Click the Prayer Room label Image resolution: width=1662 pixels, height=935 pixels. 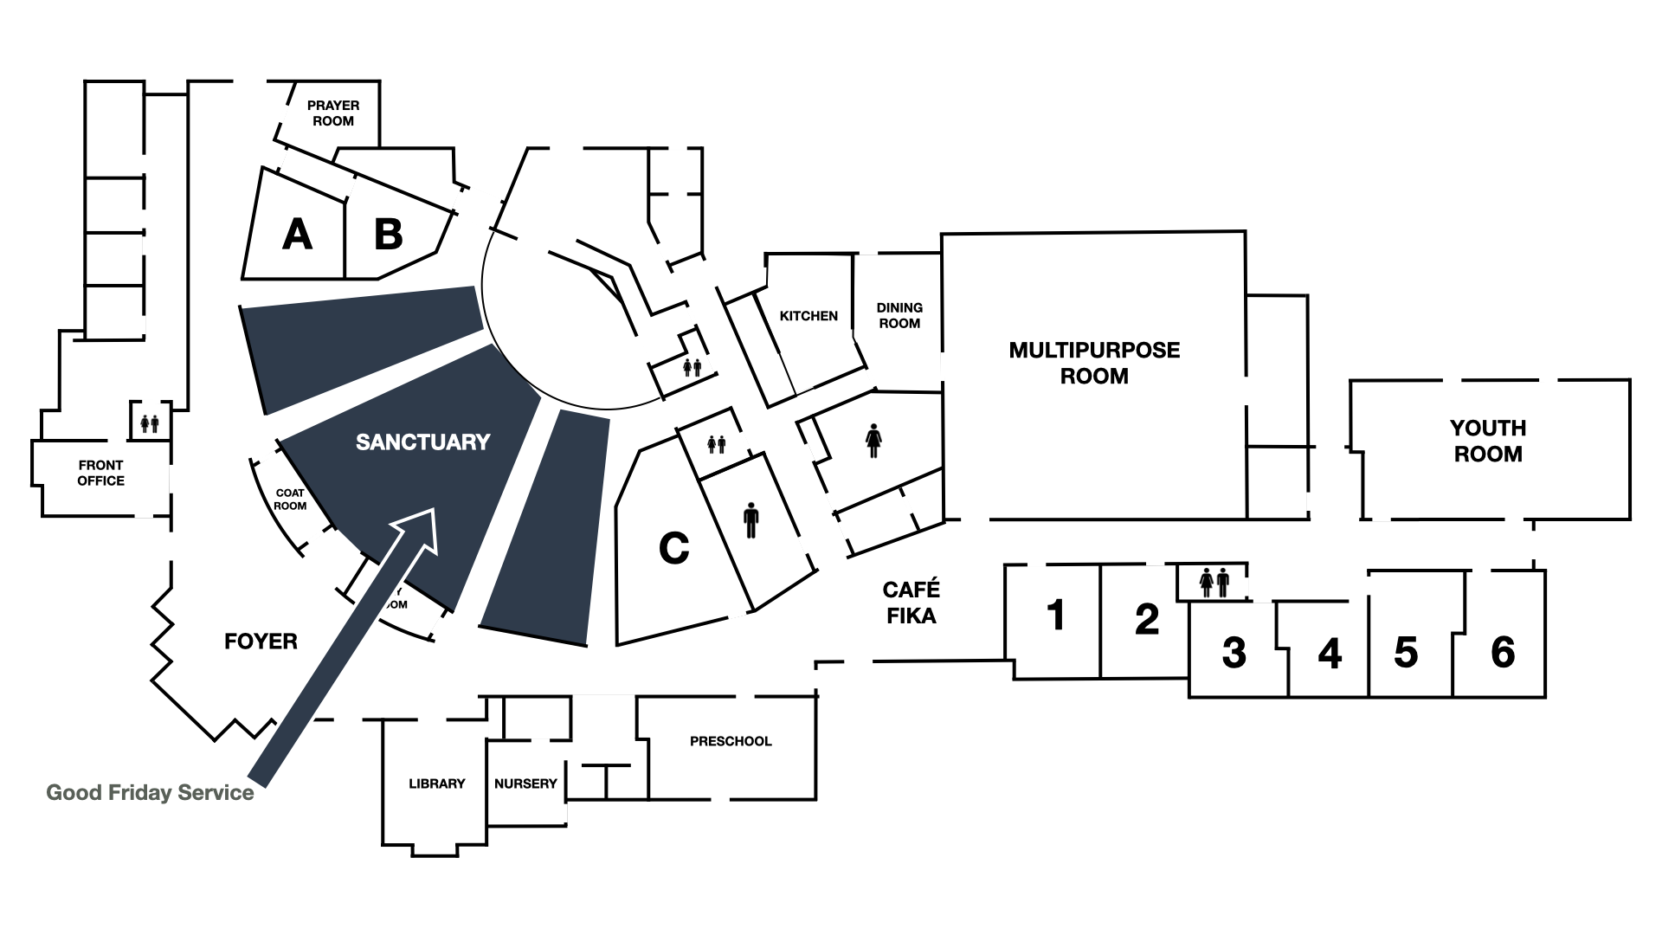pos(333,113)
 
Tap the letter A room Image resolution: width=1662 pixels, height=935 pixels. pos(297,235)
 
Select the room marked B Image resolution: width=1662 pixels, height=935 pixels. pos(388,235)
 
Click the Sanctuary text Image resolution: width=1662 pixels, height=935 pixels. pos(423,442)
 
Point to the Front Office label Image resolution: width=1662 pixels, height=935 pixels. pos(100,473)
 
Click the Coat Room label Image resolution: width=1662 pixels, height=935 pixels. pos(290,500)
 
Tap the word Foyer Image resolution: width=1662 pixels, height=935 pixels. pos(261,642)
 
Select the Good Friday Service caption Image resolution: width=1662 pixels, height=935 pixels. pos(150,793)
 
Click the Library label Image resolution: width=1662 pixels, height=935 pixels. pos(437,783)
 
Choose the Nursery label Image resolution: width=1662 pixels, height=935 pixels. pos(525,783)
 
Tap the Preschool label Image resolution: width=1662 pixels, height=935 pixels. pos(731,741)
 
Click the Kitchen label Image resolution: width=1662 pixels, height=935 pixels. pos(808,316)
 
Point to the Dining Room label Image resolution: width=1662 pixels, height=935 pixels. pos(899,315)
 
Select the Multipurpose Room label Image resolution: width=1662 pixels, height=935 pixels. pos(1094,363)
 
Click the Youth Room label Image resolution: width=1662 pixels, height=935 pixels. pos(1488,441)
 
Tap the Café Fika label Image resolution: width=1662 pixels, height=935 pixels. pos(911,603)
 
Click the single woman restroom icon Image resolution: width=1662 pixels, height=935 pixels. pos(873,440)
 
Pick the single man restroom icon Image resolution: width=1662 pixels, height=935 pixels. pos(750,522)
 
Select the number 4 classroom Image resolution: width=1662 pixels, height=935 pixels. pos(1330,654)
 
